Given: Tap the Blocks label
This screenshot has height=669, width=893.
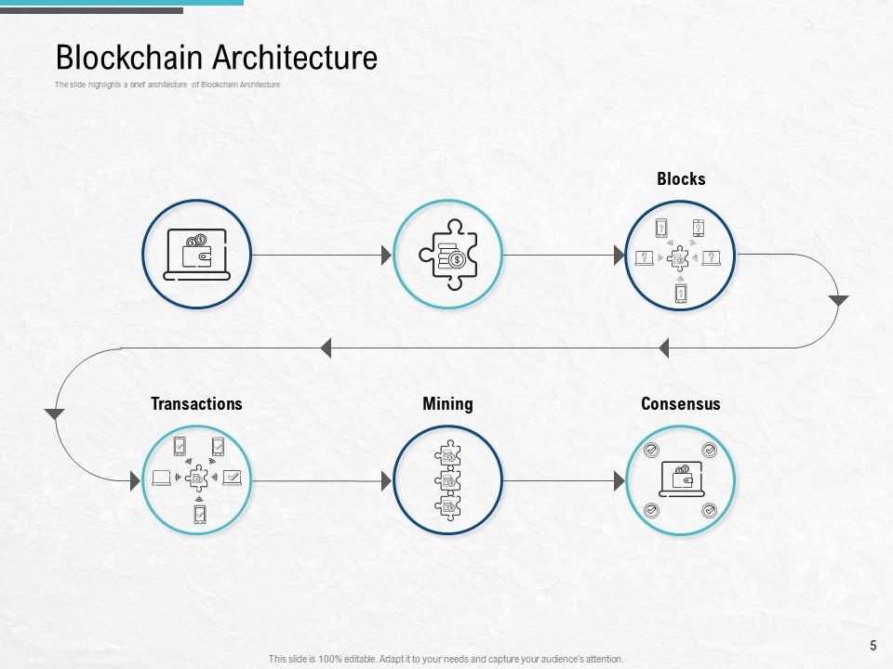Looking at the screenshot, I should click(681, 179).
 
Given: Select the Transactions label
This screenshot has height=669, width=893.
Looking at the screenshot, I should click(196, 403).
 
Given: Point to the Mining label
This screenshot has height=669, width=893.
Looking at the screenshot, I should click(447, 403).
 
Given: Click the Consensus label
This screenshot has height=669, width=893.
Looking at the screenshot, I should click(680, 403).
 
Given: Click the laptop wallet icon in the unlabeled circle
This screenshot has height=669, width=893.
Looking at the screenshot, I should click(196, 254).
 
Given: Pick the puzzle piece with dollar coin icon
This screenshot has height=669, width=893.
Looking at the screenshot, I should click(447, 255).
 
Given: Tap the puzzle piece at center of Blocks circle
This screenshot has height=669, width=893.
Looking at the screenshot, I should click(680, 256).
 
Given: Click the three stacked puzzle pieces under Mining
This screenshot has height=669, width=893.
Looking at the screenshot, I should click(447, 480).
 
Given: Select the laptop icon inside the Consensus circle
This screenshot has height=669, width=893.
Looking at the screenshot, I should click(680, 480).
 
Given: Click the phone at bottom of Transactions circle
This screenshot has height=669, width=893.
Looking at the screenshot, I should click(199, 514).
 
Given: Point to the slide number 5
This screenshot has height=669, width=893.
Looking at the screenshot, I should click(873, 645).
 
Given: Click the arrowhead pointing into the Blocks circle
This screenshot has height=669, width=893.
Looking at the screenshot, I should click(619, 255).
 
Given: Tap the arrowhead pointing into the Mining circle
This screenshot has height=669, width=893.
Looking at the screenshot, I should click(386, 480).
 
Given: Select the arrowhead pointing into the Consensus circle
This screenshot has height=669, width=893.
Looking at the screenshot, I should click(619, 480).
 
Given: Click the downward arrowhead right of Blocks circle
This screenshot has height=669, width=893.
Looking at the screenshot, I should click(838, 301).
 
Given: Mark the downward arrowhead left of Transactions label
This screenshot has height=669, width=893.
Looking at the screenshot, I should click(55, 413).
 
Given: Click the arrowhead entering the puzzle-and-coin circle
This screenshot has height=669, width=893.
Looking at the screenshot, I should click(386, 255).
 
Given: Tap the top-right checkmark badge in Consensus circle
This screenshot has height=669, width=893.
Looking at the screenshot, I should click(709, 451).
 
